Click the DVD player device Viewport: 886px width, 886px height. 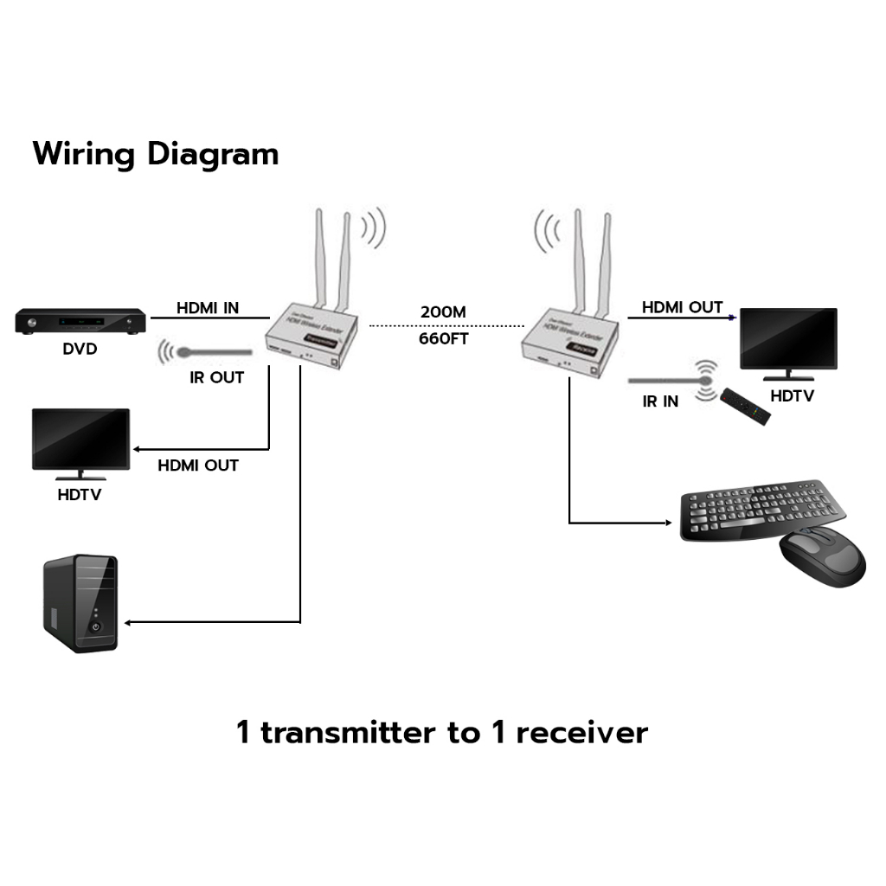click(80, 323)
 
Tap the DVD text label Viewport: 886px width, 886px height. click(80, 350)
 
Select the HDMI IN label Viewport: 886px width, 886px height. click(208, 307)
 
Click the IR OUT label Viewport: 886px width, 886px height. click(216, 377)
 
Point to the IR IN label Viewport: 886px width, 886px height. click(660, 401)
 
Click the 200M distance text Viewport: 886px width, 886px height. click(444, 311)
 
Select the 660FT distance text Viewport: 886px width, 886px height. click(444, 338)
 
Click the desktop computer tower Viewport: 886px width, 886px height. click(80, 603)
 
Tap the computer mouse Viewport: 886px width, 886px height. click(822, 558)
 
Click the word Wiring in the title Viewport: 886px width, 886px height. click(84, 154)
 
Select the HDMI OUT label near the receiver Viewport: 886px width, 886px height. click(682, 307)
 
